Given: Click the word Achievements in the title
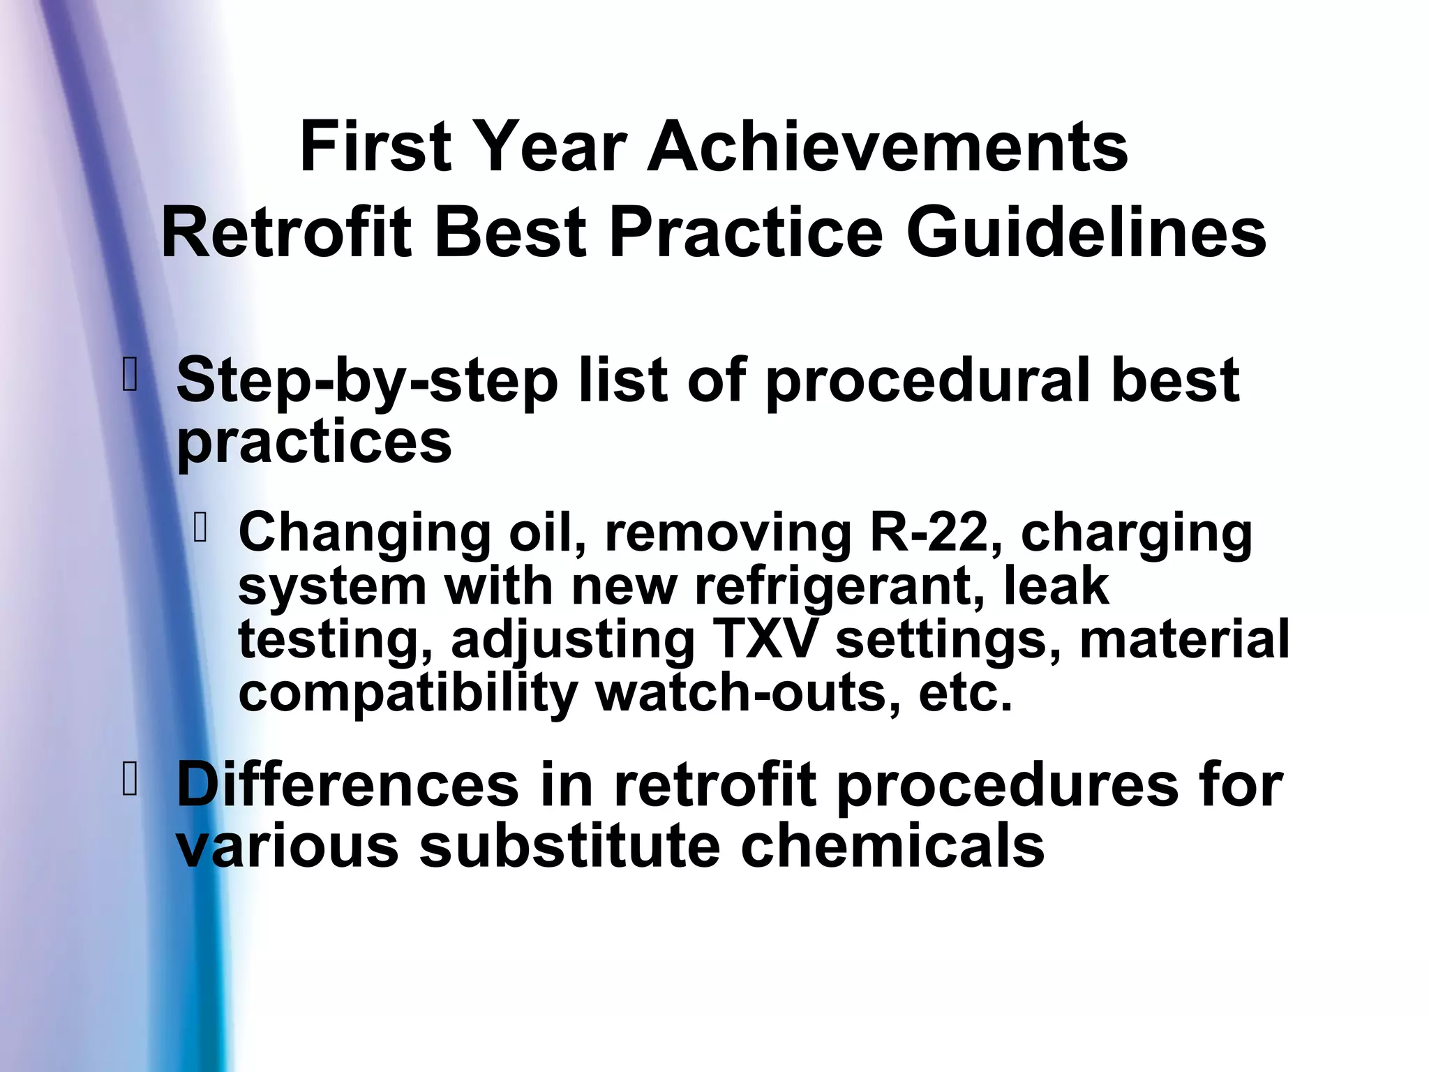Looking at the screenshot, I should click(x=887, y=147).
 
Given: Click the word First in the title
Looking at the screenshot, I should click(x=376, y=147).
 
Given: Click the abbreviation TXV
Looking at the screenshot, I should click(x=763, y=640).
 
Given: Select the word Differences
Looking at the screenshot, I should click(x=347, y=786).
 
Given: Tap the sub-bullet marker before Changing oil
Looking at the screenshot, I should click(x=200, y=528).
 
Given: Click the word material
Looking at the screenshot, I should click(x=1184, y=640).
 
